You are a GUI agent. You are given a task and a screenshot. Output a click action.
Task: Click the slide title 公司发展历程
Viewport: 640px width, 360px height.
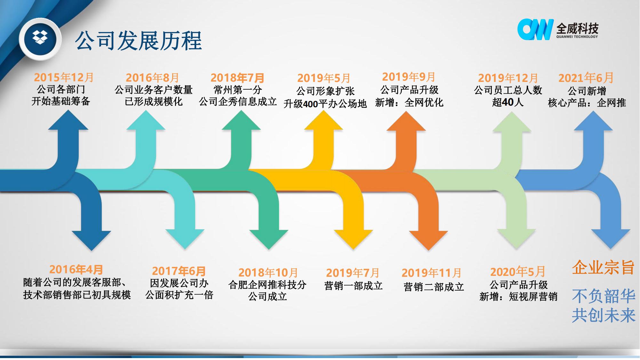coord(139,41)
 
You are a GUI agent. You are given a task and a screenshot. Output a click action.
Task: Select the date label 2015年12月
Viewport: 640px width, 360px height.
coord(64,77)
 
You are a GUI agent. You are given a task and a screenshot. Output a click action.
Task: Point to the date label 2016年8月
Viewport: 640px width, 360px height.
coord(152,78)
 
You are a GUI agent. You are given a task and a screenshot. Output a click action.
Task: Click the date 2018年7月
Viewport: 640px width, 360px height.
coord(237,78)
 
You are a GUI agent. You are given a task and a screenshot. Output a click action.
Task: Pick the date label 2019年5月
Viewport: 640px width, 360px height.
coord(324,78)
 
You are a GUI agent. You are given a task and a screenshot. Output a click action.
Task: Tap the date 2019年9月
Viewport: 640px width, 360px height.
coord(409,77)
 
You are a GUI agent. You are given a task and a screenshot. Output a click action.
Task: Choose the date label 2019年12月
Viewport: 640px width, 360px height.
coord(508,78)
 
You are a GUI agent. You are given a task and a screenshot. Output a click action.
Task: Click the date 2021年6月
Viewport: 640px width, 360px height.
coord(586,78)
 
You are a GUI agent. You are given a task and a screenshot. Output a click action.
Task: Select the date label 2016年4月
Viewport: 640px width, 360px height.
coord(76,270)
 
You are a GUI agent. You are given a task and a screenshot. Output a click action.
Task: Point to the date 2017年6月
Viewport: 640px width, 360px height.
coord(179,271)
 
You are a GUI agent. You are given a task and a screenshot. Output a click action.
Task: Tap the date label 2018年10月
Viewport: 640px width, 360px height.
coord(268,273)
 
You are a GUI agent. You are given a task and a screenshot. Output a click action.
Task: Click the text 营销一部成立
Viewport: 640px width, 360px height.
coord(353,285)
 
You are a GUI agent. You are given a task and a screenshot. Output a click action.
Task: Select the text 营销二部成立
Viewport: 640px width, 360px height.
coord(434,287)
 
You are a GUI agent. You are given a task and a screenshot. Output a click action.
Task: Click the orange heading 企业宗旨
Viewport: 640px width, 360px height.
coord(603,267)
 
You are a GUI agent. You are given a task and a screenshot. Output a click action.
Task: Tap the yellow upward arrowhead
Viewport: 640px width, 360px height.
coord(324,121)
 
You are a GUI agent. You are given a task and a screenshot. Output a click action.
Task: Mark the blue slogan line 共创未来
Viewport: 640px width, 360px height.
coord(604,315)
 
